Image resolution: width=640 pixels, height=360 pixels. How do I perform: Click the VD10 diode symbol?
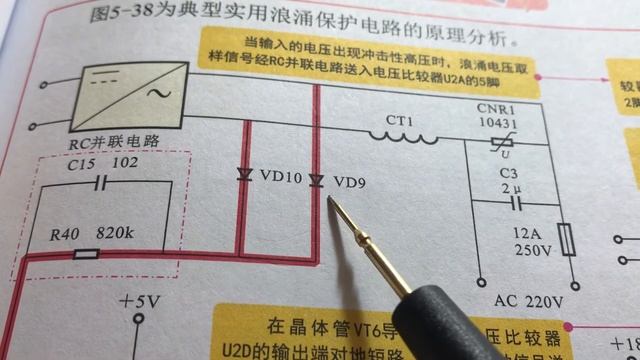[x=245, y=175]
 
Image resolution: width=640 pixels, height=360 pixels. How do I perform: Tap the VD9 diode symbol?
[x=316, y=180]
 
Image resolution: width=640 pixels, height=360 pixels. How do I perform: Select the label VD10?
[x=280, y=176]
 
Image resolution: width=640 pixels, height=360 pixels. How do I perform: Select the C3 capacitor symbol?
[x=515, y=204]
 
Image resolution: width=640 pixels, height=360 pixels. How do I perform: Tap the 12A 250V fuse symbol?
[x=567, y=239]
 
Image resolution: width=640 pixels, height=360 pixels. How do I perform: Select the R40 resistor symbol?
[x=87, y=255]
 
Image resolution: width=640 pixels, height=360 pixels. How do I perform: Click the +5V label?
[x=141, y=300]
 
